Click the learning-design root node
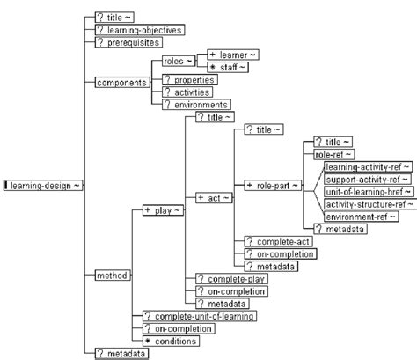(x=44, y=185)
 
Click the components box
(x=121, y=82)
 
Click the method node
(x=112, y=276)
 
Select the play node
(x=164, y=211)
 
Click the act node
(x=214, y=197)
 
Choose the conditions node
(x=174, y=340)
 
